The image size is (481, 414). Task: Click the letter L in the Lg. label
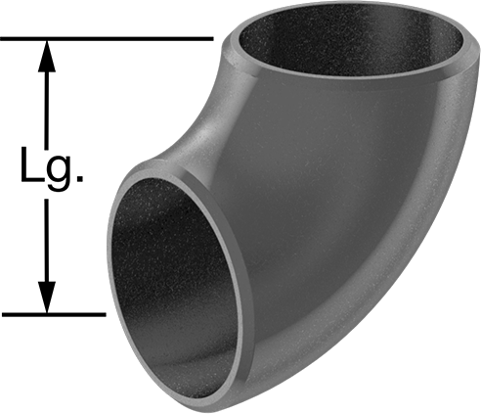(x=31, y=164)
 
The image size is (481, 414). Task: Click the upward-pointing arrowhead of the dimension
(x=47, y=56)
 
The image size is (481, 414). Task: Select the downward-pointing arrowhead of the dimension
(x=47, y=298)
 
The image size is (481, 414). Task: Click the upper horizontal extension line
(x=107, y=39)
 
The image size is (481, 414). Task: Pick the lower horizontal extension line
(x=53, y=315)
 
